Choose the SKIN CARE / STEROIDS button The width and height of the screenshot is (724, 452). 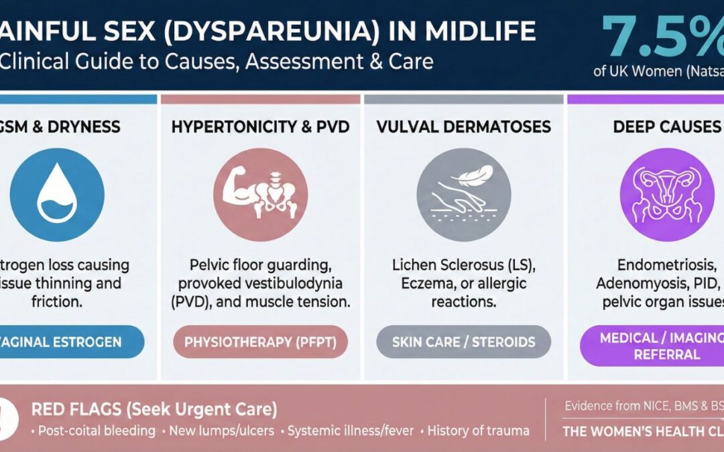[x=463, y=342]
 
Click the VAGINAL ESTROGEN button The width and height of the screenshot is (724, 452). [x=67, y=342]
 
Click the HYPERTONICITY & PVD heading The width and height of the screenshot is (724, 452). [x=260, y=126]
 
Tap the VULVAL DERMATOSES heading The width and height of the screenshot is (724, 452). [x=463, y=126]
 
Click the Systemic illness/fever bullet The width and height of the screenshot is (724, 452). [x=351, y=430]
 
